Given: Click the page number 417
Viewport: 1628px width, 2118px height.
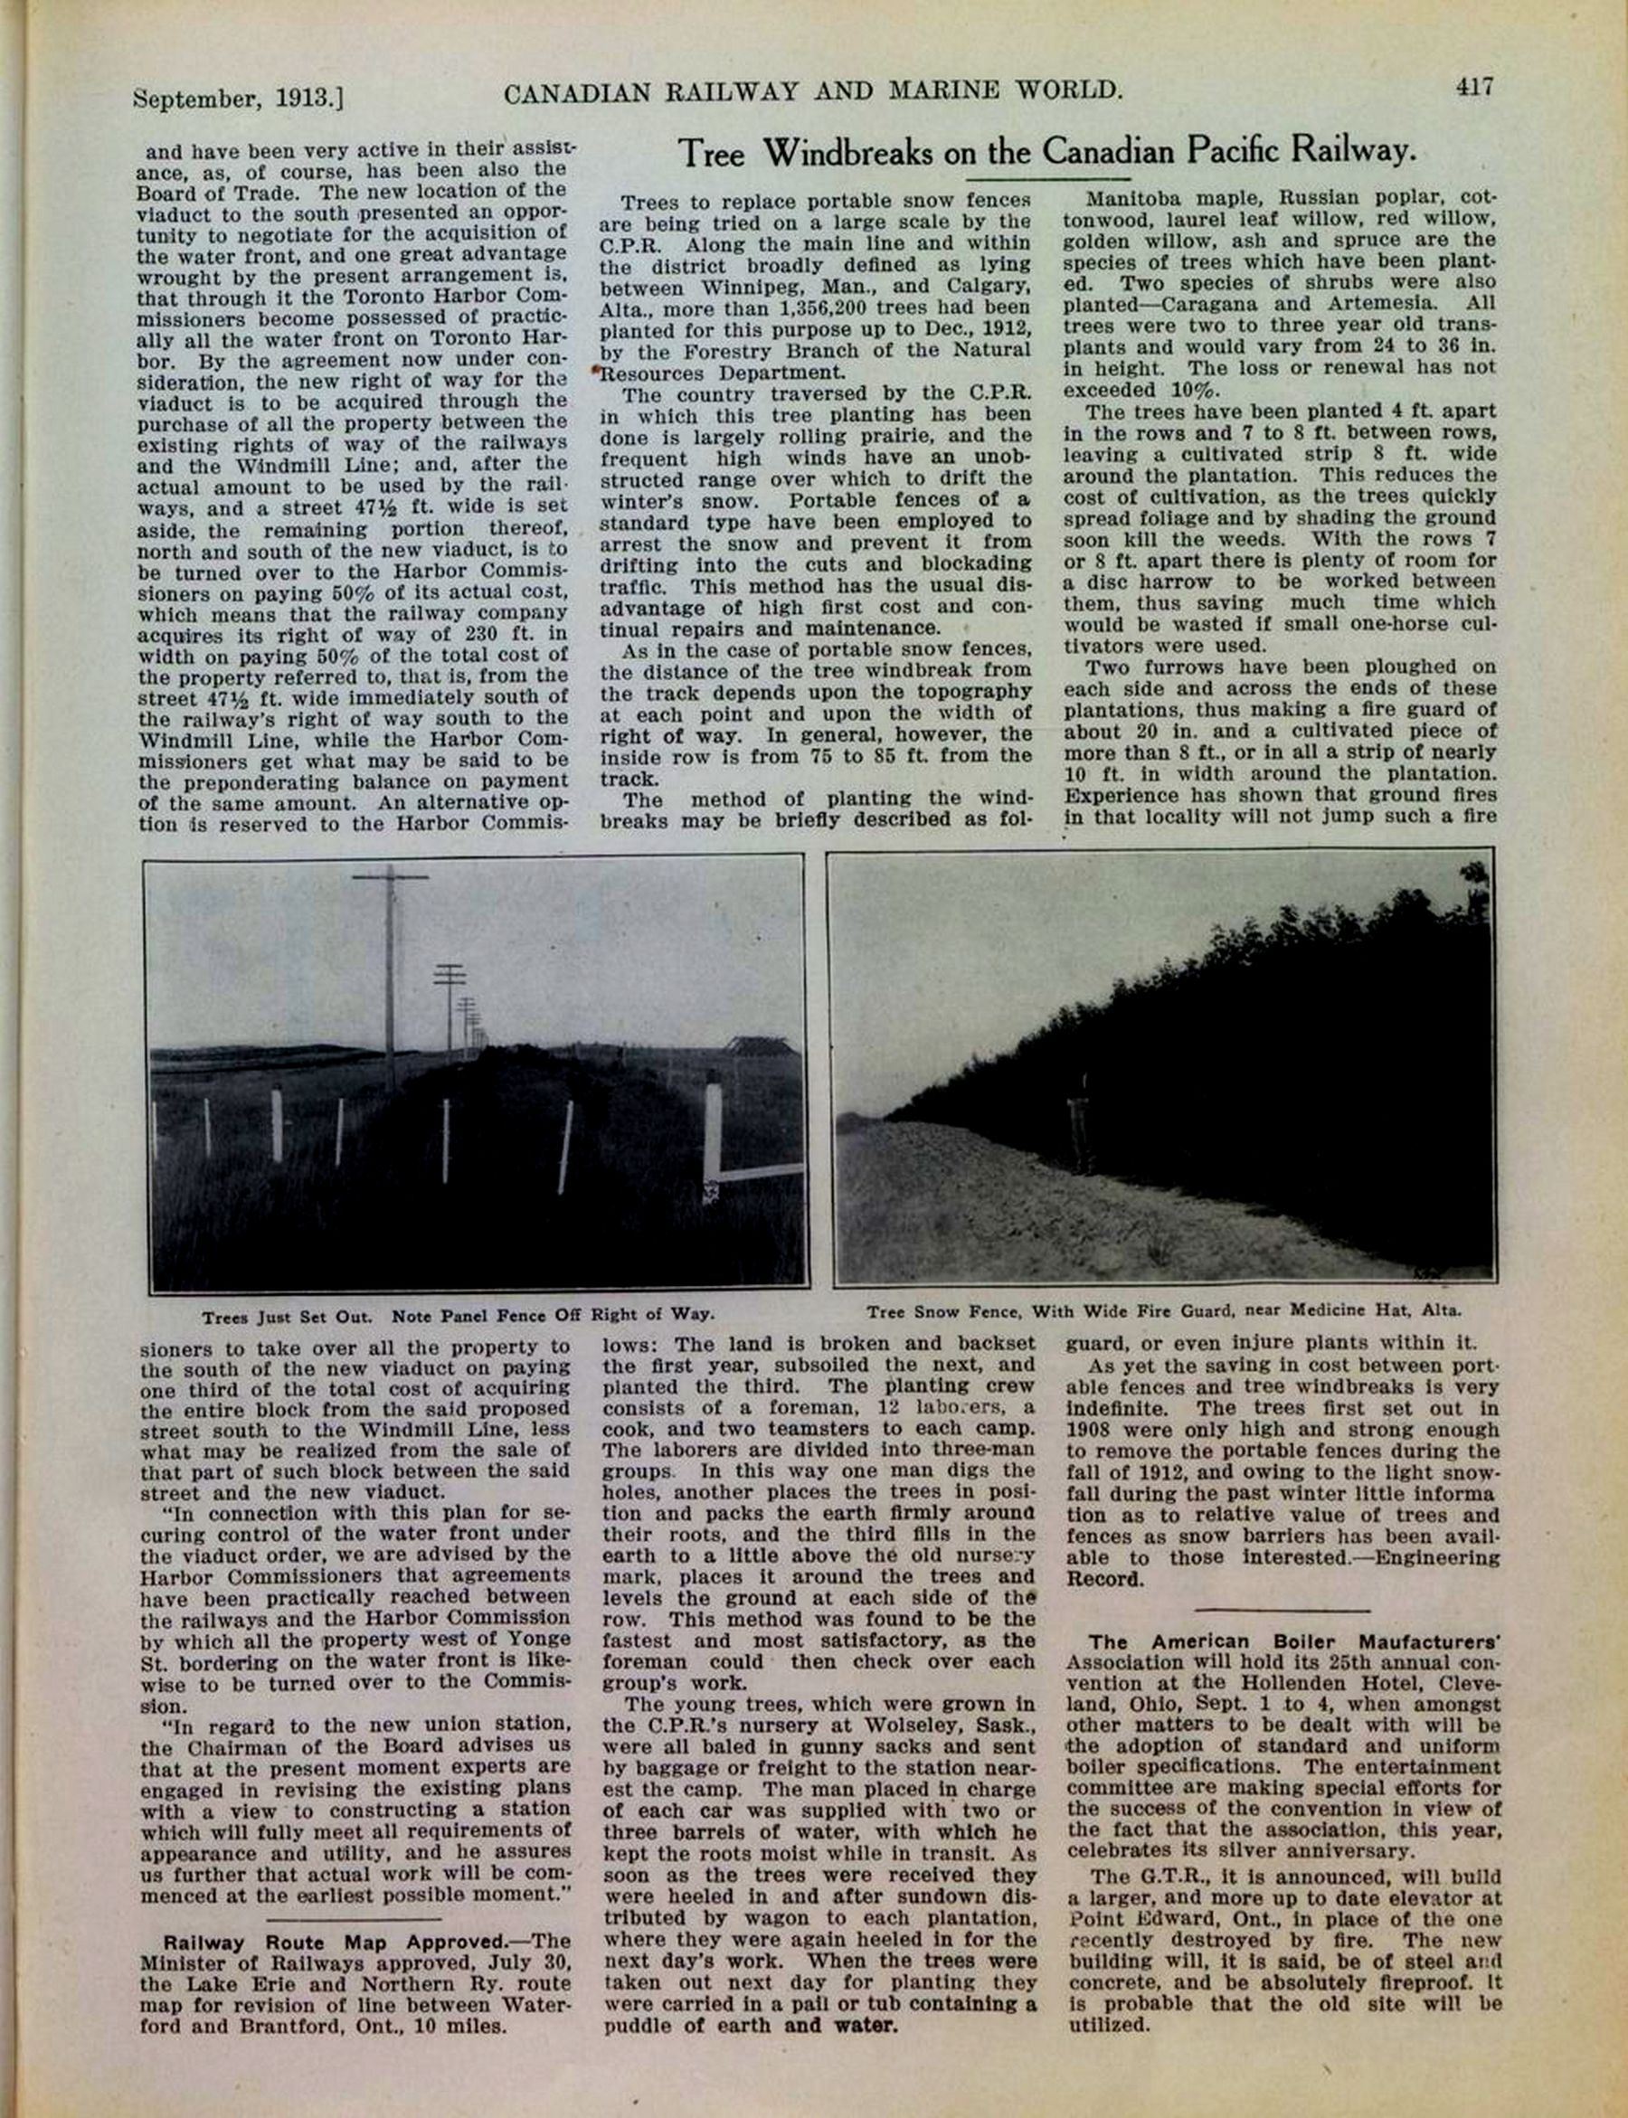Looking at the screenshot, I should [x=1473, y=87].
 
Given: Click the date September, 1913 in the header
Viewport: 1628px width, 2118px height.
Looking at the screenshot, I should [x=239, y=99].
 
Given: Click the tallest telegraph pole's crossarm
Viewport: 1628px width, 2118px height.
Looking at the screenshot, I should [x=390, y=878].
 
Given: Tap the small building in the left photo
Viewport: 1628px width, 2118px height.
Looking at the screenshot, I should [x=765, y=1049].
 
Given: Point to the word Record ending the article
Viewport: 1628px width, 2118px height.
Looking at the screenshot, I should [x=1104, y=1579].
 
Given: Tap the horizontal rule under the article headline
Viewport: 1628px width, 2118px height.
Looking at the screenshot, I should [x=1048, y=179].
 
